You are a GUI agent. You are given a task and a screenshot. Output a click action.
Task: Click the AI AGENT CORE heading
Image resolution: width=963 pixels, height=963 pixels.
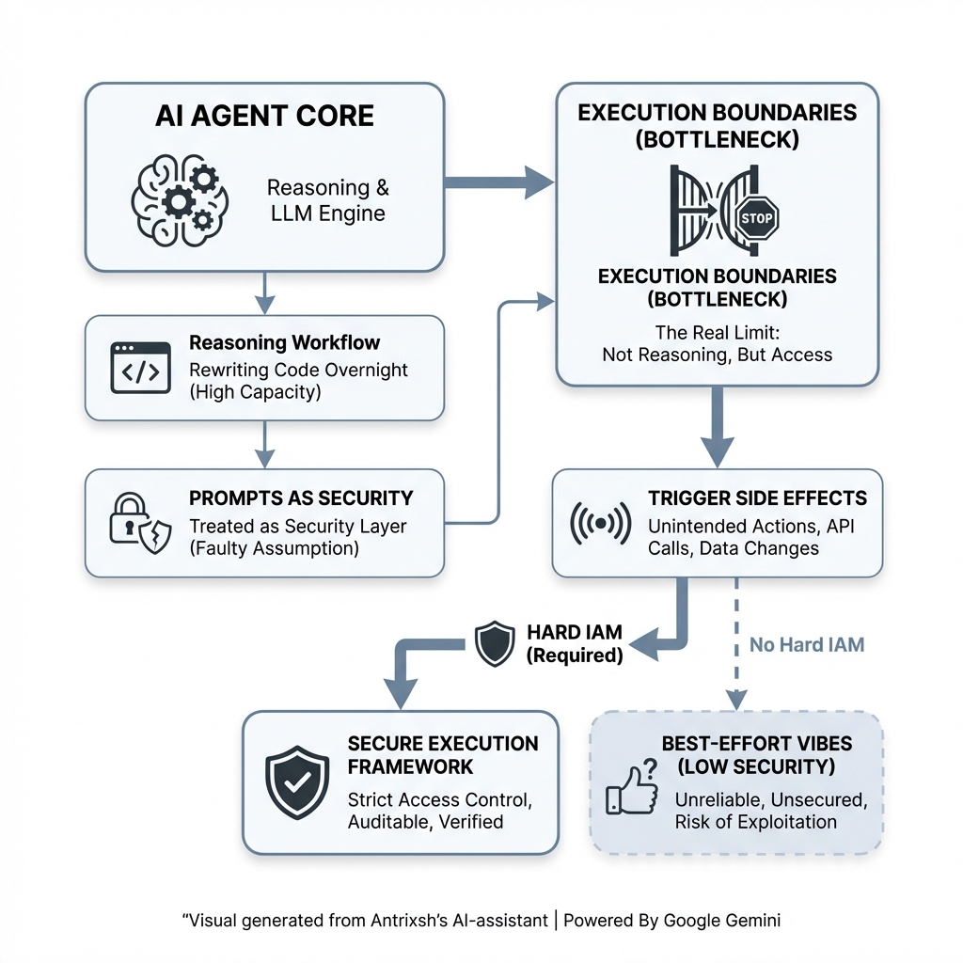264,116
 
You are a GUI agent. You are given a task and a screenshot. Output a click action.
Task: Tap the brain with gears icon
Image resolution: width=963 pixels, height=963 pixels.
180,200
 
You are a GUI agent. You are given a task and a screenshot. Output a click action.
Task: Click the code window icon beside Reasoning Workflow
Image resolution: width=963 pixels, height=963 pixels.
141,368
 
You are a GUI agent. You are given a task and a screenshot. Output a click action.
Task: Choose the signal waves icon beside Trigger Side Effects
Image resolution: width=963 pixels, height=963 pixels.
600,523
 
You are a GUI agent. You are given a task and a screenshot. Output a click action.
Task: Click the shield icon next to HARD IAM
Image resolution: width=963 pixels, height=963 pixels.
495,643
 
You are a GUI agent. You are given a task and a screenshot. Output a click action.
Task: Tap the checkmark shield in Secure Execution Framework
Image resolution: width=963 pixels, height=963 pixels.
297,781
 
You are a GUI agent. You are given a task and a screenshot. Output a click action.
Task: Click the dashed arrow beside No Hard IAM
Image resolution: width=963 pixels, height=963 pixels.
736,643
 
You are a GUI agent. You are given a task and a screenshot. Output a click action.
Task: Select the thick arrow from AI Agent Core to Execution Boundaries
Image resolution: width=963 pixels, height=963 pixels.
498,182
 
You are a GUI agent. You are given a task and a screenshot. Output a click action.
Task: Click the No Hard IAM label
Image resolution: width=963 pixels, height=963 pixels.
806,645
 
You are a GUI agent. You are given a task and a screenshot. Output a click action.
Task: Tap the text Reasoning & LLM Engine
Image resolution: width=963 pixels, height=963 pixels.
328,200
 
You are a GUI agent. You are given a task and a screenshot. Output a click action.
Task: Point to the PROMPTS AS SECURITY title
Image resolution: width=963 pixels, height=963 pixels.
301,498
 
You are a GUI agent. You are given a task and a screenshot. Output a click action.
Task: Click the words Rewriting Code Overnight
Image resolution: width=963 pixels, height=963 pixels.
298,370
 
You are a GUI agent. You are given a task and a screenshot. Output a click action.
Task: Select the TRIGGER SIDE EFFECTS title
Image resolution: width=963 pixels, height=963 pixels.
757,498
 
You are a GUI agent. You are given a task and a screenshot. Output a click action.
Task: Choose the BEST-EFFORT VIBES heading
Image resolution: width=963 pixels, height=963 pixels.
757,744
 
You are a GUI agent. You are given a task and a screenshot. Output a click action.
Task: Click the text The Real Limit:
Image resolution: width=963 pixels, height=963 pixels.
718,333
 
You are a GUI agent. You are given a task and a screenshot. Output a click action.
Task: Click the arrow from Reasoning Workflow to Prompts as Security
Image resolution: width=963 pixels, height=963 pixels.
264,445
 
